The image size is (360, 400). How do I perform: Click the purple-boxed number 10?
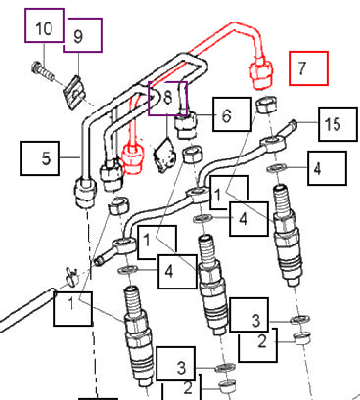44,27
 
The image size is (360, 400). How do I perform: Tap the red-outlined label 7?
305,68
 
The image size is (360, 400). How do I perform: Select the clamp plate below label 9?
71,92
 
